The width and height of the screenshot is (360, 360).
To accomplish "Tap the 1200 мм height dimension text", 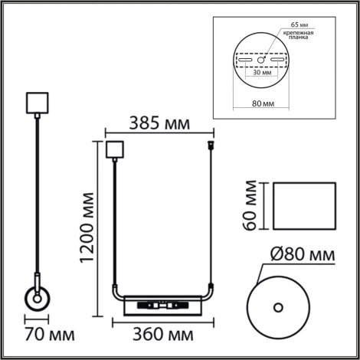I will pos(86,229).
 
